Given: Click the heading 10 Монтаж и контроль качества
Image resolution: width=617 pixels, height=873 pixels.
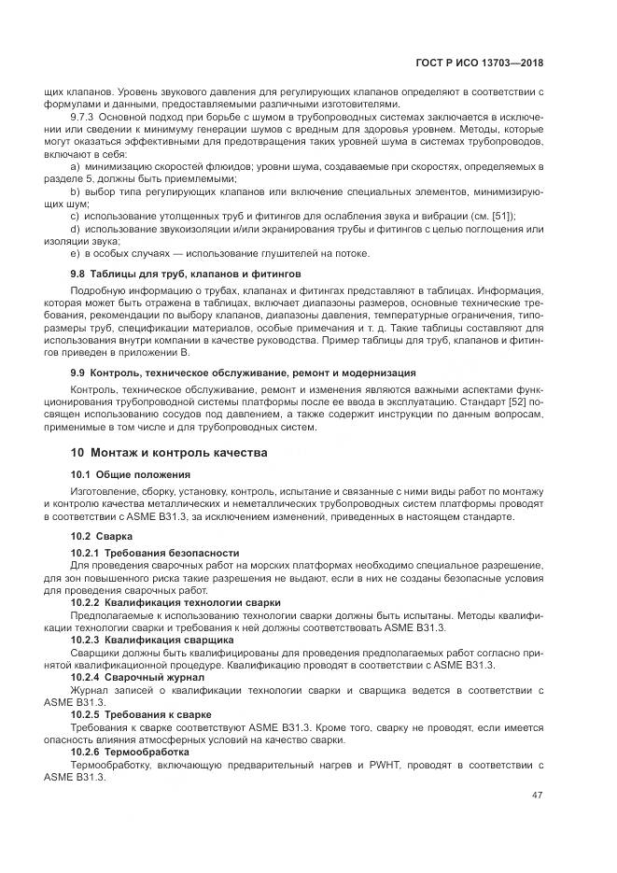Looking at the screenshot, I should click(169, 452).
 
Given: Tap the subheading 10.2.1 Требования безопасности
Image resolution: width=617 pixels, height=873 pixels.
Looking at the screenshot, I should click(155, 553).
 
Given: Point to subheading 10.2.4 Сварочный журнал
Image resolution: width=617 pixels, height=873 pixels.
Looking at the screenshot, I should click(137, 676).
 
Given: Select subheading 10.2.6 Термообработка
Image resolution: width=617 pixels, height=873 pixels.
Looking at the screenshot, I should click(131, 751).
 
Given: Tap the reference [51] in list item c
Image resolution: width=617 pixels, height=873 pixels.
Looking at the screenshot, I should click(500, 215).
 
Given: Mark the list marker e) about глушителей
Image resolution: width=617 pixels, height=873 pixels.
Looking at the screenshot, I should click(76, 253).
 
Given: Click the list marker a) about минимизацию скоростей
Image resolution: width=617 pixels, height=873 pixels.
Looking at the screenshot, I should click(76, 165).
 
